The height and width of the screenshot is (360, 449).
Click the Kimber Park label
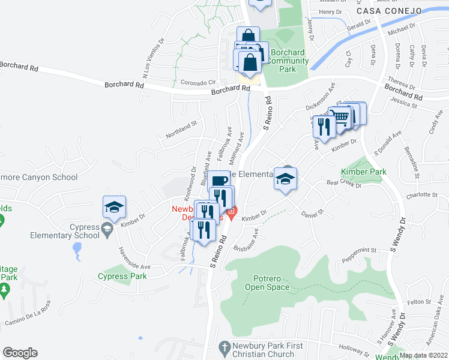coord(364,172)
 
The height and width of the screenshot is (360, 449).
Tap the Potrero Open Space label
coord(267,283)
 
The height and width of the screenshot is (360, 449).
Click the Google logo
coord(20,353)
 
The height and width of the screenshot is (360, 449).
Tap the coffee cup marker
coord(219,180)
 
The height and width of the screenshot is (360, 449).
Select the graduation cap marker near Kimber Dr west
coord(114,208)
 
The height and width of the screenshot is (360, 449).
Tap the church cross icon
coord(224,347)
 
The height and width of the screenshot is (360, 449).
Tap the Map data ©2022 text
coord(424,355)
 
